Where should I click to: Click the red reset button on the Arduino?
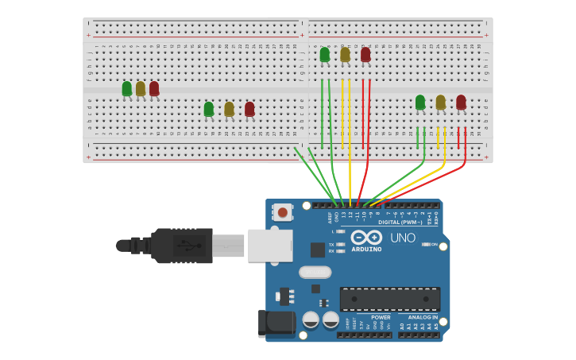[x=282, y=212]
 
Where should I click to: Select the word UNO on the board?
[x=402, y=238]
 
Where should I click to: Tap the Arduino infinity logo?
[x=366, y=238]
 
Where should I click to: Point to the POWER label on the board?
[x=381, y=317]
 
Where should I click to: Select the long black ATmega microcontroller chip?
[x=389, y=299]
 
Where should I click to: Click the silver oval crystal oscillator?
[x=315, y=272]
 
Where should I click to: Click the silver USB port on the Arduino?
[x=270, y=245]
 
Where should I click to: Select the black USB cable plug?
[x=182, y=246]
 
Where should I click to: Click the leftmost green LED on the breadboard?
[x=127, y=88]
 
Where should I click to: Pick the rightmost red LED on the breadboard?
[x=461, y=102]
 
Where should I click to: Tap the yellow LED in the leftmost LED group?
[x=141, y=88]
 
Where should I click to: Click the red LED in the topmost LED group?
[x=365, y=54]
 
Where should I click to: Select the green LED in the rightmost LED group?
[x=420, y=102]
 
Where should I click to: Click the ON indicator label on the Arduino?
[x=434, y=244]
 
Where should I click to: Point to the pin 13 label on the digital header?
[x=343, y=215]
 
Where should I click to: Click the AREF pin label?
[x=330, y=216]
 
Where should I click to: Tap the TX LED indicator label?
[x=331, y=244]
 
